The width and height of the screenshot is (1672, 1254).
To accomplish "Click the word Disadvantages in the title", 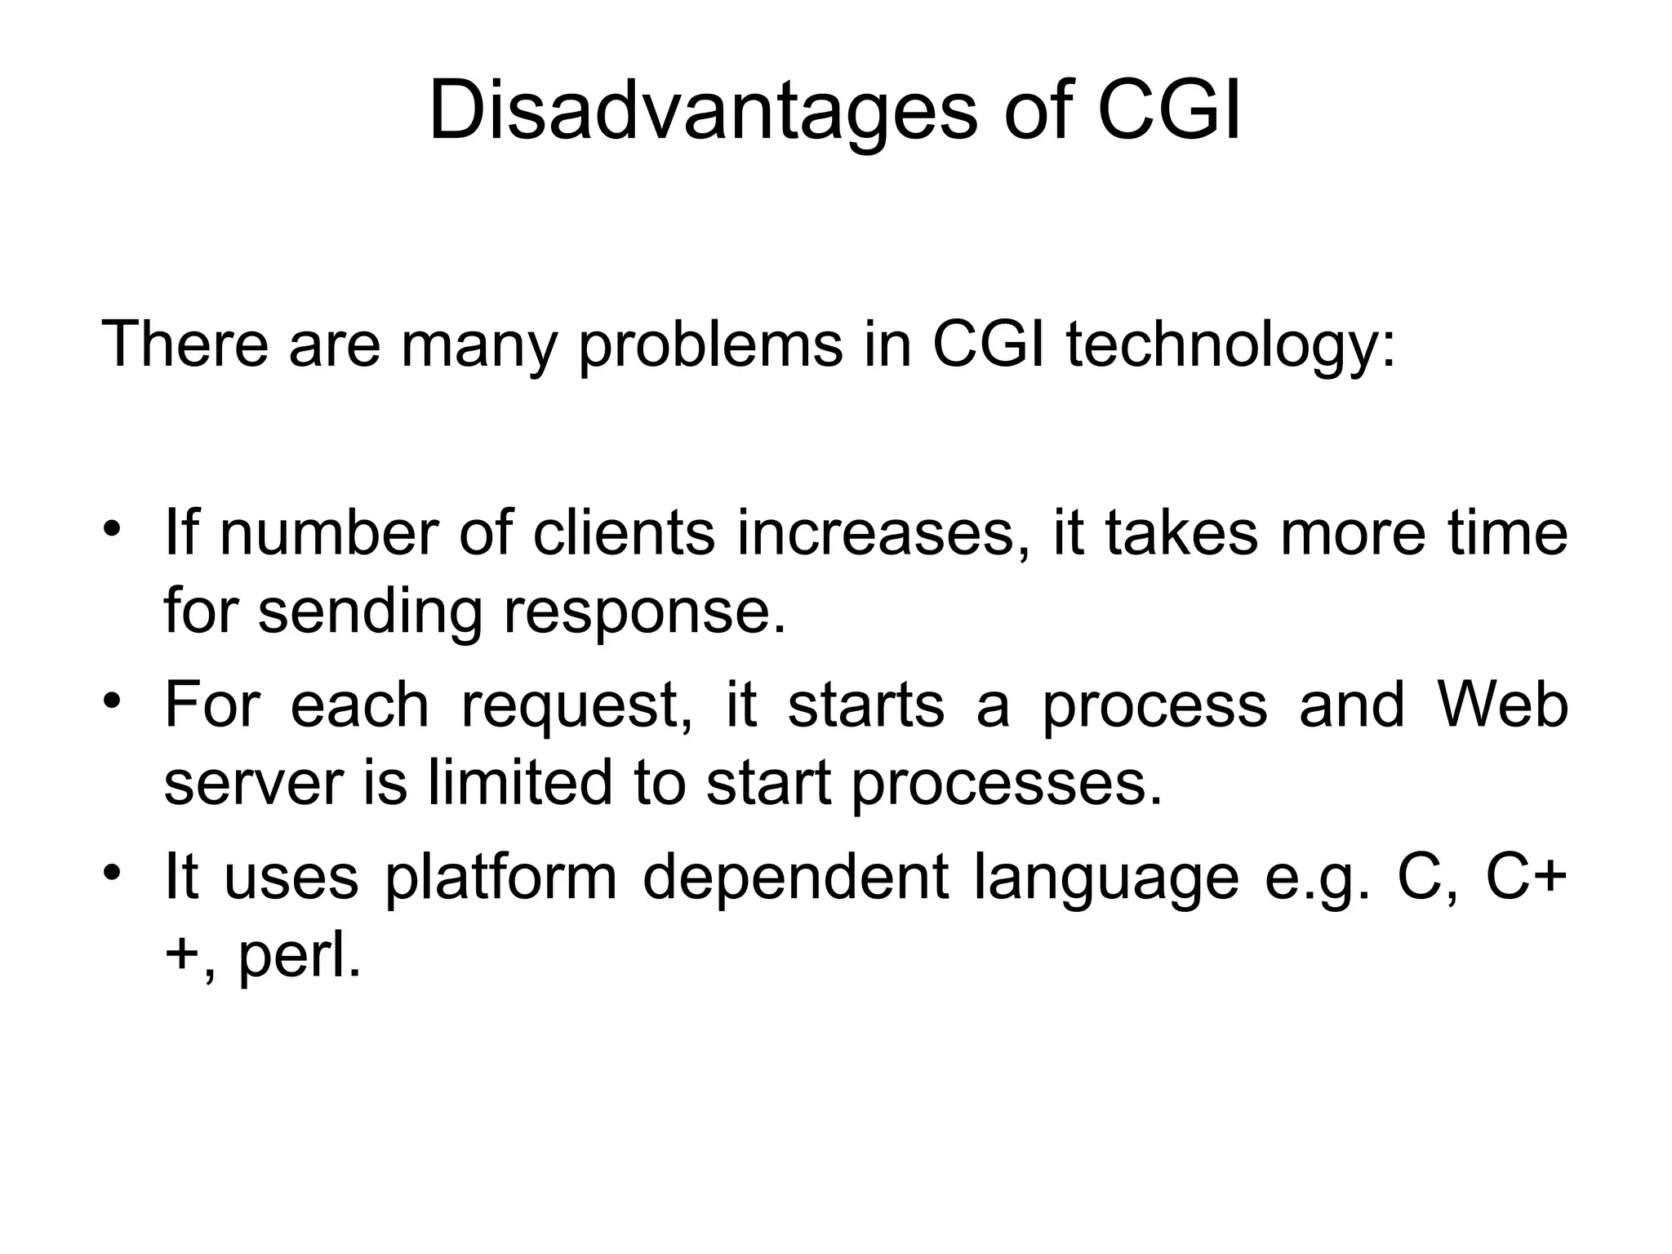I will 702,110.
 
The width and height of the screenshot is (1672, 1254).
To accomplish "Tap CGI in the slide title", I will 1168,110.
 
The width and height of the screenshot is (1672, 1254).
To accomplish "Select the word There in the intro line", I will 185,345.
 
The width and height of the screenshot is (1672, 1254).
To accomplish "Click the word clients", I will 624,533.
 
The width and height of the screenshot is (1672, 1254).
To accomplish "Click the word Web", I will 1502,704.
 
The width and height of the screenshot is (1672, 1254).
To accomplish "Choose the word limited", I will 519,782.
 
